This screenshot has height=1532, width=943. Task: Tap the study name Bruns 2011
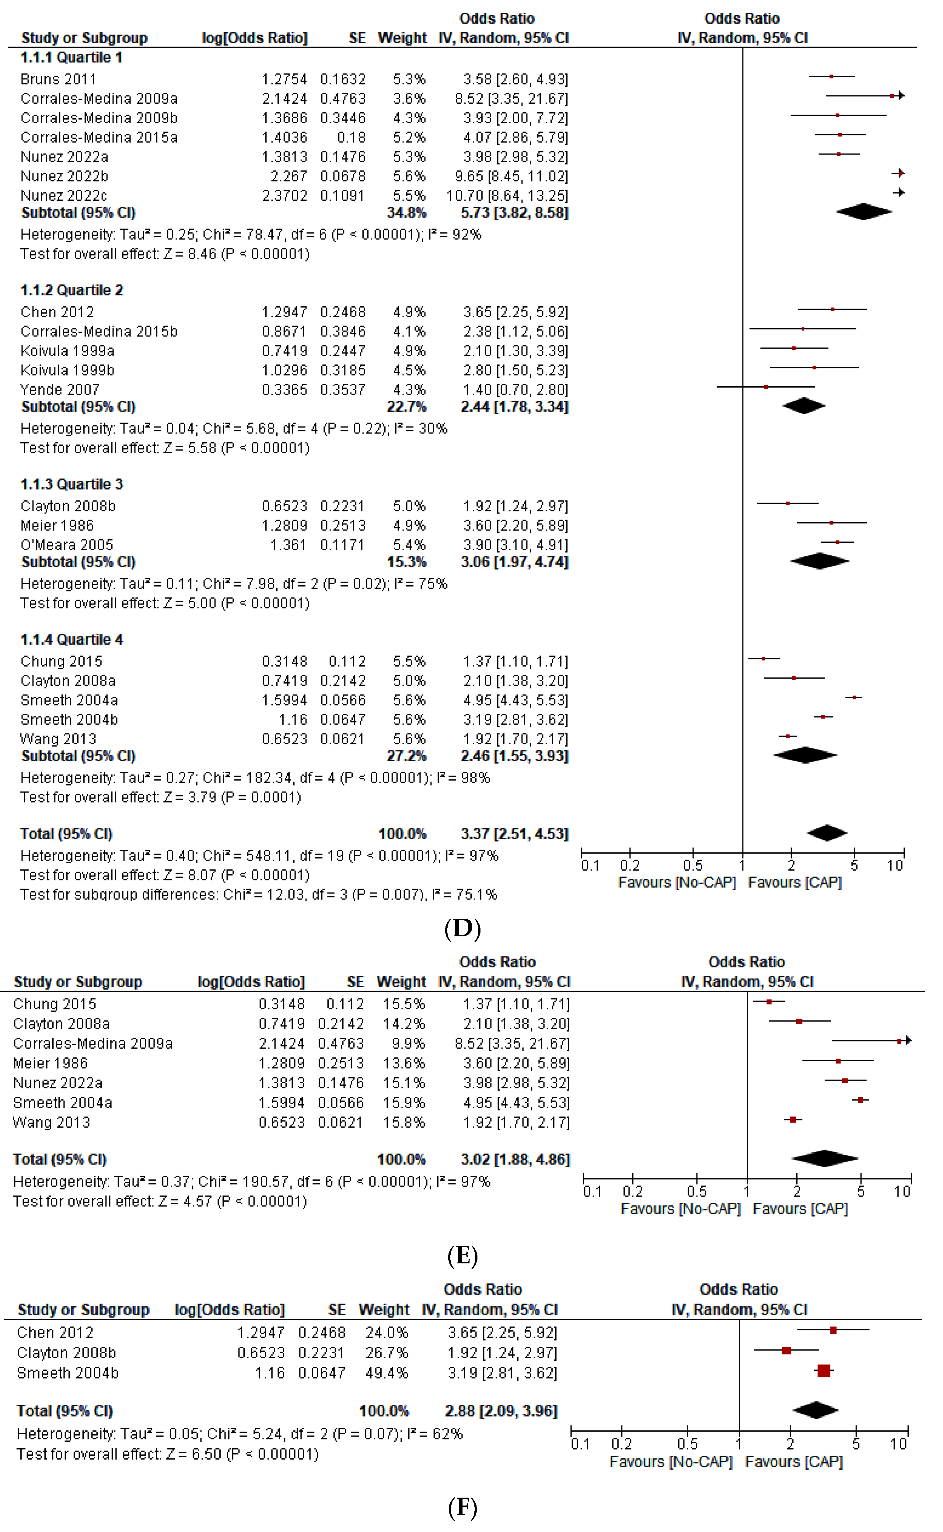[x=58, y=79]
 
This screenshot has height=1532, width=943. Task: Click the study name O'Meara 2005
[x=67, y=545]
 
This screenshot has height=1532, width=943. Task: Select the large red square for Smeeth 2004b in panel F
[x=824, y=1370]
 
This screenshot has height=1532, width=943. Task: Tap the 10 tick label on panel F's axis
[x=898, y=1444]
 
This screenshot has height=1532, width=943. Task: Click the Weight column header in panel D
[x=402, y=38]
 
